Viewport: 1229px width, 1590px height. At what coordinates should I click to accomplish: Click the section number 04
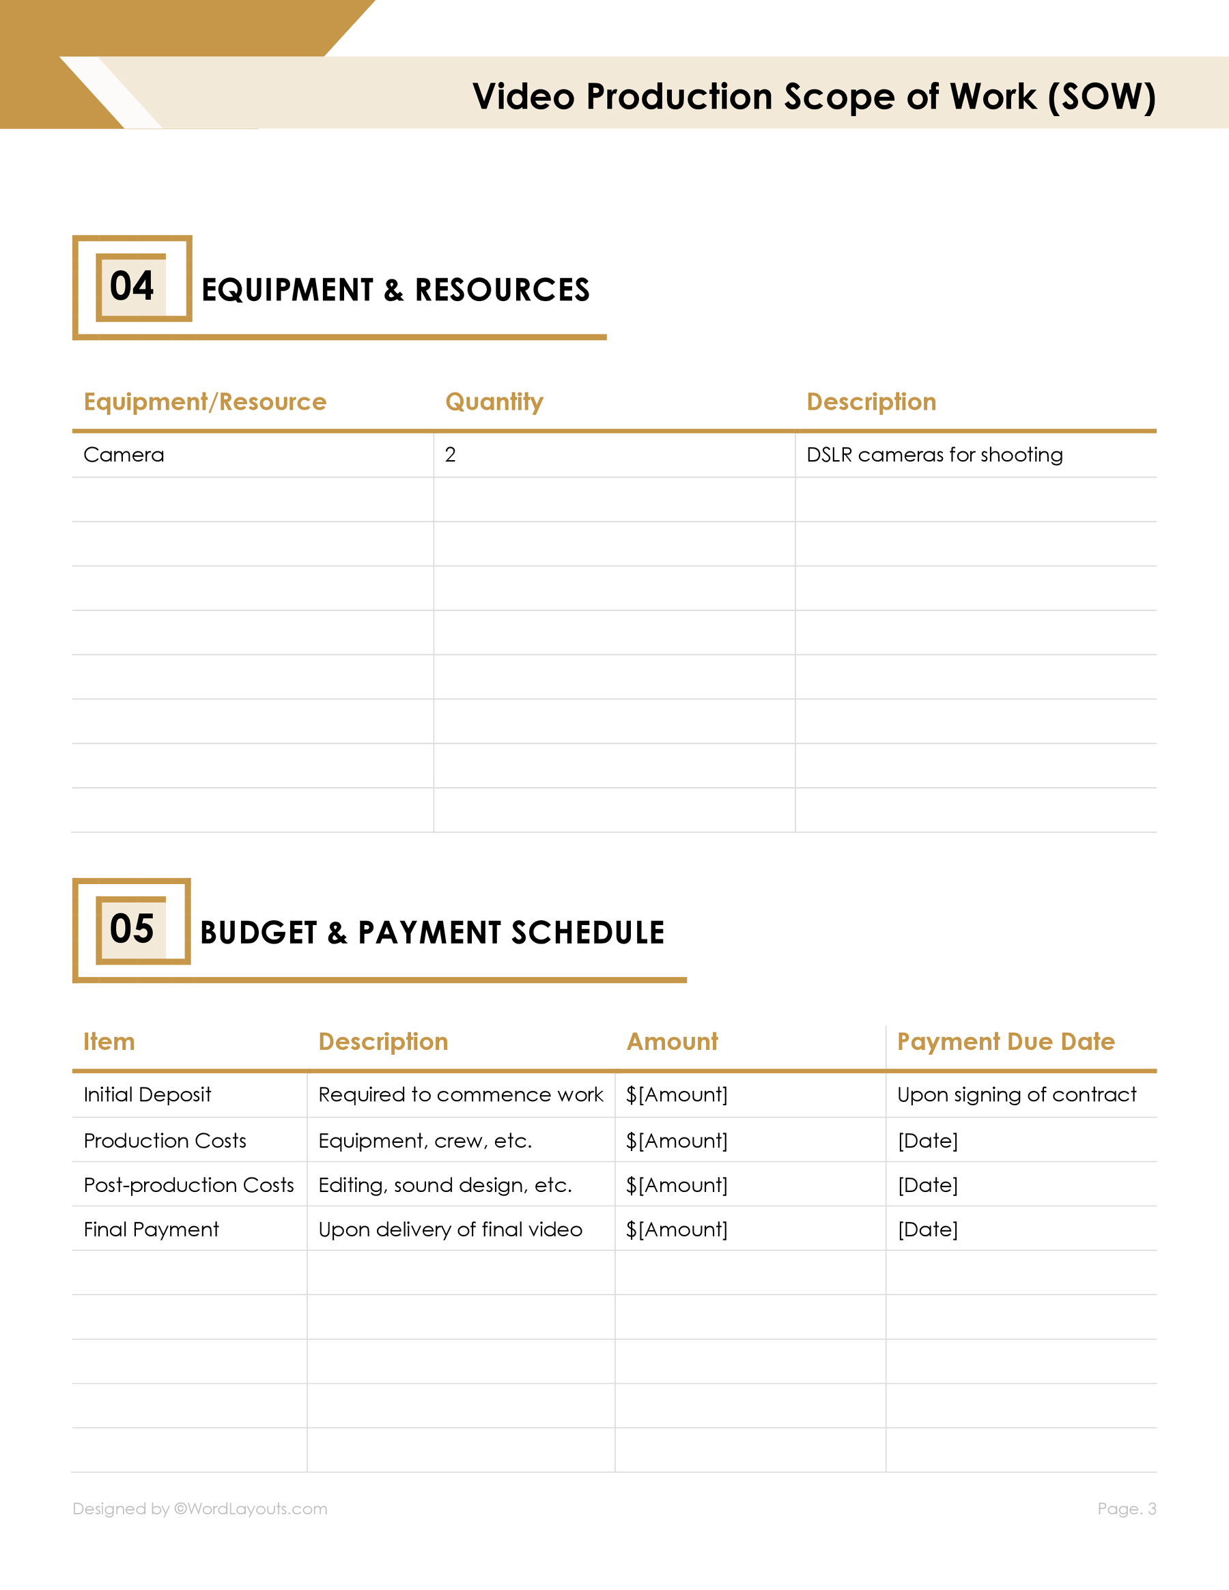[x=132, y=285]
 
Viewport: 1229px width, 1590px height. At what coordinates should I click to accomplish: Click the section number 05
[x=132, y=928]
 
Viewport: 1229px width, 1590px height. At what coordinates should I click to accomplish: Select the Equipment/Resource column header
[x=205, y=402]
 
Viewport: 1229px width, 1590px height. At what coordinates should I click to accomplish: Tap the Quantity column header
[x=494, y=402]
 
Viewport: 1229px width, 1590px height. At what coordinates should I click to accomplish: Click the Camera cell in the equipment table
[x=124, y=455]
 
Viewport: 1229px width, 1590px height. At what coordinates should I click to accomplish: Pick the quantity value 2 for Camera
[x=450, y=455]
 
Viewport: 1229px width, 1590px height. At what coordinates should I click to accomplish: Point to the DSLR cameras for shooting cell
[x=934, y=455]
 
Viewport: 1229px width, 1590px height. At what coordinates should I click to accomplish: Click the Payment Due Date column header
[x=1006, y=1042]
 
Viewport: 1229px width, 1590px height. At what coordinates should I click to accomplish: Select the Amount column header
[x=672, y=1042]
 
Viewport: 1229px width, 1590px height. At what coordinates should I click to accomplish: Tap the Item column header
[x=109, y=1042]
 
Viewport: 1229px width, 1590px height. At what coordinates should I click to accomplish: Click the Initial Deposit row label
[x=147, y=1095]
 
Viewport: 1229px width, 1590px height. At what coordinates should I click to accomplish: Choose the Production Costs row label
[x=165, y=1141]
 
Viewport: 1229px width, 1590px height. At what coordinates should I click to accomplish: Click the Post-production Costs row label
[x=188, y=1185]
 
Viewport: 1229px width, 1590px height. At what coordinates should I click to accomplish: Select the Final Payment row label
[x=151, y=1230]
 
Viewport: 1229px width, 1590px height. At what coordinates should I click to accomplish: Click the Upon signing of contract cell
[x=1017, y=1095]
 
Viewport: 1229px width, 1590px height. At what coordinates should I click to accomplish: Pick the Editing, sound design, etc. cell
[x=445, y=1185]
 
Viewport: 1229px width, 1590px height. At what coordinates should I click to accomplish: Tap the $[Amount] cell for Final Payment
[x=677, y=1230]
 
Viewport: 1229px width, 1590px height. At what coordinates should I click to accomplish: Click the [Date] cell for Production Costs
[x=928, y=1141]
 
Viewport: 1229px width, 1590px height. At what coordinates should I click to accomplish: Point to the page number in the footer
[x=1127, y=1509]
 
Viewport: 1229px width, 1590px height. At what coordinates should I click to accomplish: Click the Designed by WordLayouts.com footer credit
[x=199, y=1509]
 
